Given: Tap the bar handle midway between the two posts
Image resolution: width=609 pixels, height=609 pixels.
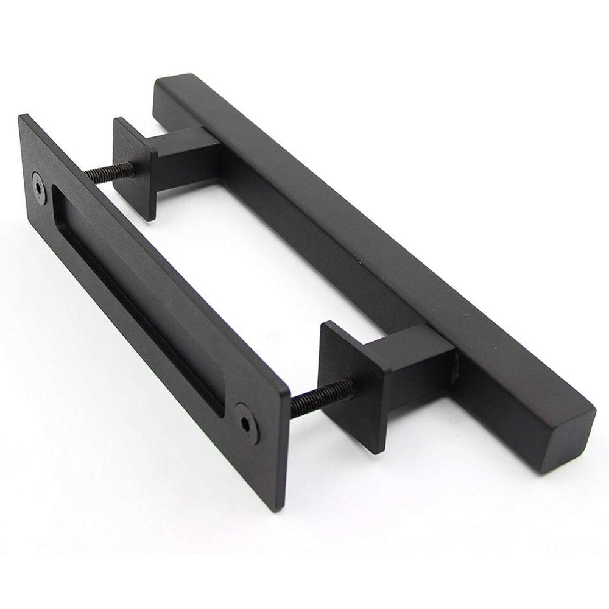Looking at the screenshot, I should (x=341, y=244).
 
